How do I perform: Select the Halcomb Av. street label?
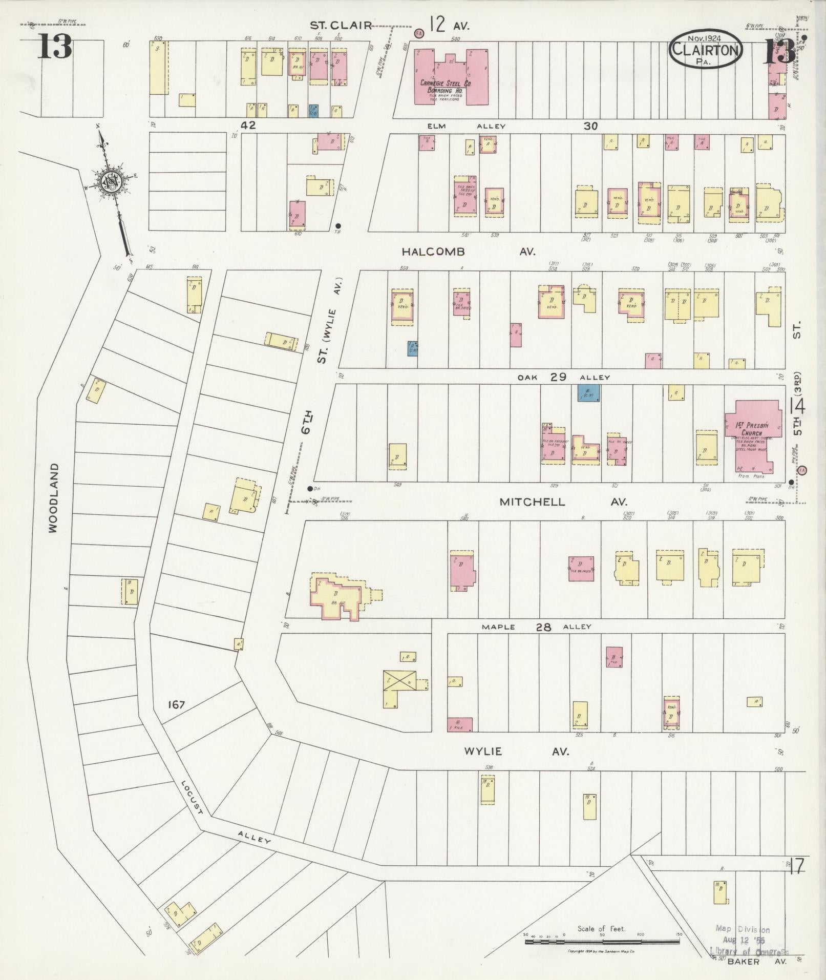click(468, 252)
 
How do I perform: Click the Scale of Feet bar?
click(602, 942)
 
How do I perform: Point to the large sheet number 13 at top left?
click(54, 47)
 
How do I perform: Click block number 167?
click(176, 705)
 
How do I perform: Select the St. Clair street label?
click(341, 25)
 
